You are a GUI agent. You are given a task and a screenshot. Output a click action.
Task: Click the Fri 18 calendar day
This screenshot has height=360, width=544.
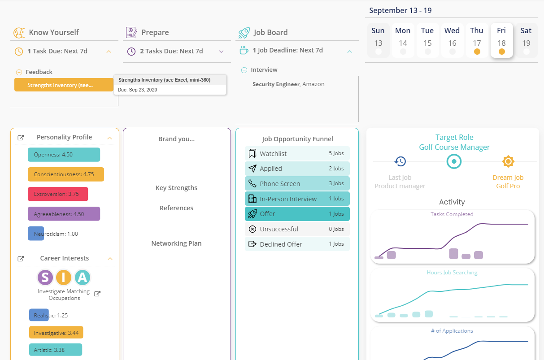click(x=501, y=40)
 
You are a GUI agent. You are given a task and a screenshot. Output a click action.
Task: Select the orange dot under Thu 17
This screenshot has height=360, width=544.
click(x=477, y=52)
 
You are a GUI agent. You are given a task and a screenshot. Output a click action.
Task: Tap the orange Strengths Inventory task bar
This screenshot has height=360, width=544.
click(x=64, y=85)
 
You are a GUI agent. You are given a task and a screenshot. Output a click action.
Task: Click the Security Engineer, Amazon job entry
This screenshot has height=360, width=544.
click(x=288, y=84)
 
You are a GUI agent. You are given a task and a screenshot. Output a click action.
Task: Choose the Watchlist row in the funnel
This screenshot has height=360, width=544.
click(x=297, y=153)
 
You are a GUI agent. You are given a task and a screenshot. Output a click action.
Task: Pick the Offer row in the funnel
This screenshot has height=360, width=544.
click(x=297, y=214)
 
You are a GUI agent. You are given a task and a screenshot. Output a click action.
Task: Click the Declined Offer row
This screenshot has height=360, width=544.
click(x=297, y=244)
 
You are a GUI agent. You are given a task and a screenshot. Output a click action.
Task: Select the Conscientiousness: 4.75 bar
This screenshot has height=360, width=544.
click(x=66, y=174)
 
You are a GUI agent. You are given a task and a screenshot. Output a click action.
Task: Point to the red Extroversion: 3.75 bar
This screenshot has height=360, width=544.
click(x=58, y=194)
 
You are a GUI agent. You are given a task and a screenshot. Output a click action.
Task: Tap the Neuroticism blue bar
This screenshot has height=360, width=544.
click(x=36, y=234)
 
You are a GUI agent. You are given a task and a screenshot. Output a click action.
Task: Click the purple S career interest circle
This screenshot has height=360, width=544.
click(x=45, y=277)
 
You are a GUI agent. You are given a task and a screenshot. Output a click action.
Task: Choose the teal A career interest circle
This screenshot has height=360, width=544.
click(x=83, y=277)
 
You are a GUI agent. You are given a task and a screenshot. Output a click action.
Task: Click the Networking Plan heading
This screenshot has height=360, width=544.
click(x=177, y=243)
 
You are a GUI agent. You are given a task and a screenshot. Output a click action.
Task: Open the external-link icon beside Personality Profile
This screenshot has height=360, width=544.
click(x=21, y=138)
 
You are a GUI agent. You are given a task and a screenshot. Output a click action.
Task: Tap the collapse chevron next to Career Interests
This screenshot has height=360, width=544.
click(x=110, y=259)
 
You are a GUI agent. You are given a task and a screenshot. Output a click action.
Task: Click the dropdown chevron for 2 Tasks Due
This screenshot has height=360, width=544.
click(x=221, y=52)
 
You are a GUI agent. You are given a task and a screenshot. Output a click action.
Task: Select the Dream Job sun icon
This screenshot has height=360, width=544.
click(x=508, y=161)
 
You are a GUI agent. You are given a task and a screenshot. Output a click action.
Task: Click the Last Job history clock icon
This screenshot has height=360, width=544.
click(x=400, y=161)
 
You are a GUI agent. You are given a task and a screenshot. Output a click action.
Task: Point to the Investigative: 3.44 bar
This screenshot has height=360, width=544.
click(x=56, y=333)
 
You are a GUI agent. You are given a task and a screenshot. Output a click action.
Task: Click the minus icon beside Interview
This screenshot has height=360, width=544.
click(x=244, y=70)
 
